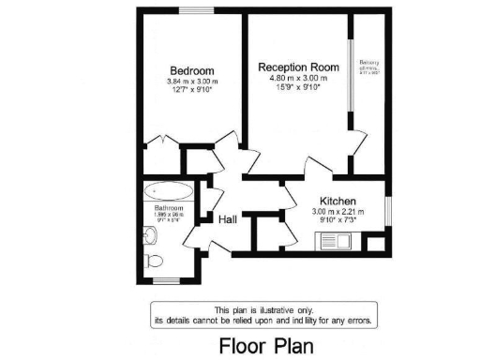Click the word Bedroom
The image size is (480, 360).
(x=192, y=70)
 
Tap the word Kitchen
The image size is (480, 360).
(x=337, y=202)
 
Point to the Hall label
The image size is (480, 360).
(x=227, y=220)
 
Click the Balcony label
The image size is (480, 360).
(x=368, y=65)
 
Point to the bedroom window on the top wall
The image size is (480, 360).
(x=194, y=10)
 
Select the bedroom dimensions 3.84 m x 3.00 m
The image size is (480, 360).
(x=192, y=82)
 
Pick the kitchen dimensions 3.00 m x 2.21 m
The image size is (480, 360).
(x=337, y=213)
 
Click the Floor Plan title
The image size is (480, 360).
(x=263, y=344)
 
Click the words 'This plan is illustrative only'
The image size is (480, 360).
(x=262, y=309)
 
